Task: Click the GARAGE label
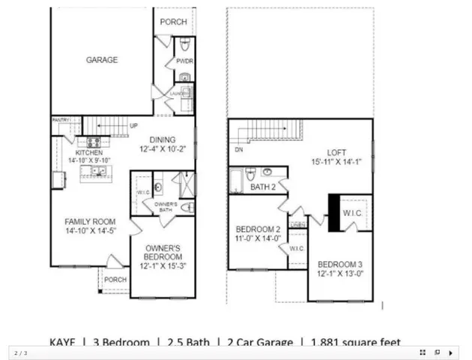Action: (x=101, y=60)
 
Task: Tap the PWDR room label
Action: (x=184, y=61)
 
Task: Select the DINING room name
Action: (x=162, y=139)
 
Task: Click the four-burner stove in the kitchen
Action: (x=94, y=142)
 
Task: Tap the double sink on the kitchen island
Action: (x=98, y=172)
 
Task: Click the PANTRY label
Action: (x=61, y=120)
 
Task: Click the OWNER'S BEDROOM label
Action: (x=162, y=248)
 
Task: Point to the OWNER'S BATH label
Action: (x=166, y=207)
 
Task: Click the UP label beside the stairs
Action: (x=133, y=125)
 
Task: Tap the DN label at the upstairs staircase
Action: (x=239, y=149)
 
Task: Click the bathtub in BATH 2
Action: (x=238, y=181)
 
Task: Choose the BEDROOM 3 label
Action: (x=341, y=265)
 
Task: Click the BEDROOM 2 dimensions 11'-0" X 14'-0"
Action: (x=258, y=238)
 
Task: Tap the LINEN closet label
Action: (x=297, y=224)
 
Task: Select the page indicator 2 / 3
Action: (x=20, y=352)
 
